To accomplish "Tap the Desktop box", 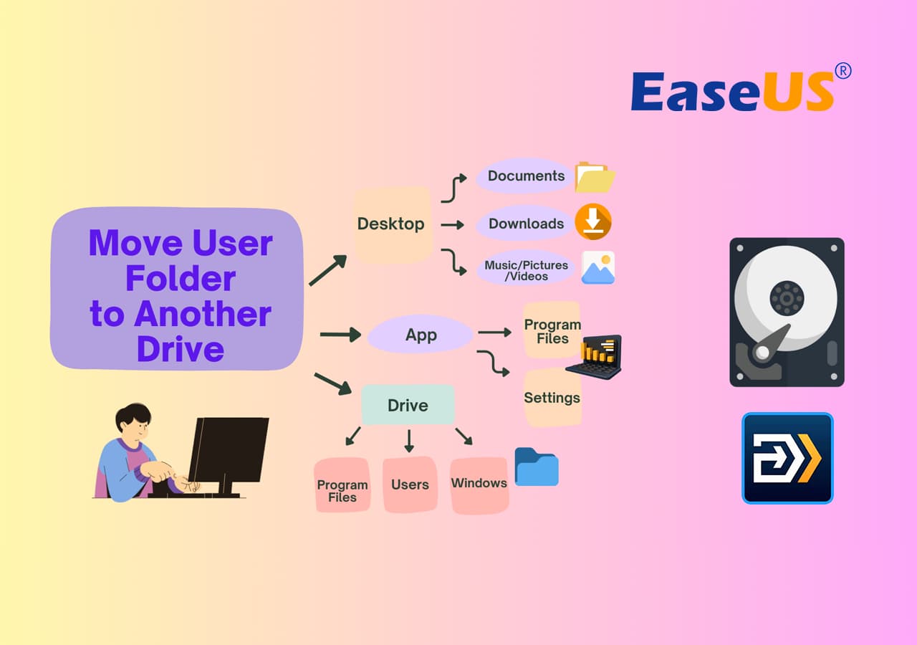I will point(392,224).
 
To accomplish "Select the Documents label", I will point(526,176).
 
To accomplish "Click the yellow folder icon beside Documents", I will point(595,177).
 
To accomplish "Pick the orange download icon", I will point(593,221).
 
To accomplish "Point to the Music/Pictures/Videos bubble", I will point(526,270).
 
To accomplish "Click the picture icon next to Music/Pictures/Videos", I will point(598,267).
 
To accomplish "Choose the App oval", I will point(421,335).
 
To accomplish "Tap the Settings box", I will point(552,398).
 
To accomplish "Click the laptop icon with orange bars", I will point(595,357).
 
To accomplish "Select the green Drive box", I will point(408,405).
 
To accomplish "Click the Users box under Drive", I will point(410,484).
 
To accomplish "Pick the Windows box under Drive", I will point(479,484).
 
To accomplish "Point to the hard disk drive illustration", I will point(787,312).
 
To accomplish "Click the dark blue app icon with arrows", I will point(787,458).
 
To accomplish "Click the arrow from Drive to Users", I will point(409,441).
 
